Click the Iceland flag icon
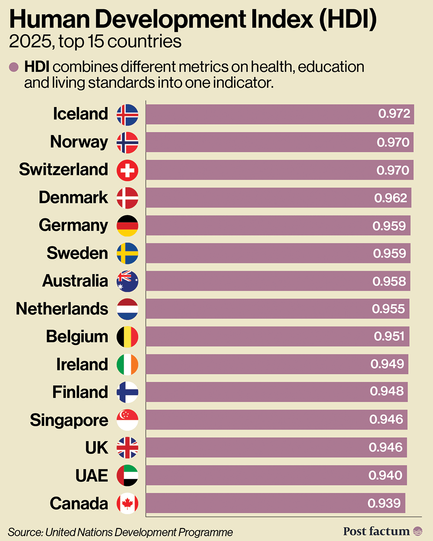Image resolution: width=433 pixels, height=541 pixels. [127, 115]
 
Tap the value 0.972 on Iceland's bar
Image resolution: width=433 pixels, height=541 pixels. [394, 114]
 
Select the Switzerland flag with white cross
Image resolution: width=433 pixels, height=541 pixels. [127, 170]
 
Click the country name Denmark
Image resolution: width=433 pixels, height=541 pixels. [73, 197]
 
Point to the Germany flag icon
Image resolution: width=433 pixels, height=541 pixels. [127, 225]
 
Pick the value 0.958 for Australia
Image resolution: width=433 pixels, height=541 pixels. [389, 281]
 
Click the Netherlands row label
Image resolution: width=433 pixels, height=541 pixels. [62, 309]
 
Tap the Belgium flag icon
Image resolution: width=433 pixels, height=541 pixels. [127, 337]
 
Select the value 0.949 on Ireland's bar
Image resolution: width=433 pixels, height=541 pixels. [387, 364]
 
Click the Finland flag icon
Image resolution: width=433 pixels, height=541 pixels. [127, 392]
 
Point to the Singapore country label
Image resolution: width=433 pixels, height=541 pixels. [69, 420]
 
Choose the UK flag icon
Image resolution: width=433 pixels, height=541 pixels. [127, 448]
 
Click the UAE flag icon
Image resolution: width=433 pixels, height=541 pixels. [127, 475]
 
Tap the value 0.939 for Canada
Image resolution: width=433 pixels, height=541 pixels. [384, 503]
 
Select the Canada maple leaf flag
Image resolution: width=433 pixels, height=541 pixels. [127, 503]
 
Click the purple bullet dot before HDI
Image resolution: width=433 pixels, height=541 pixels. [14, 67]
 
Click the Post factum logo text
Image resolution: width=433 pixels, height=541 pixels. [376, 531]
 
